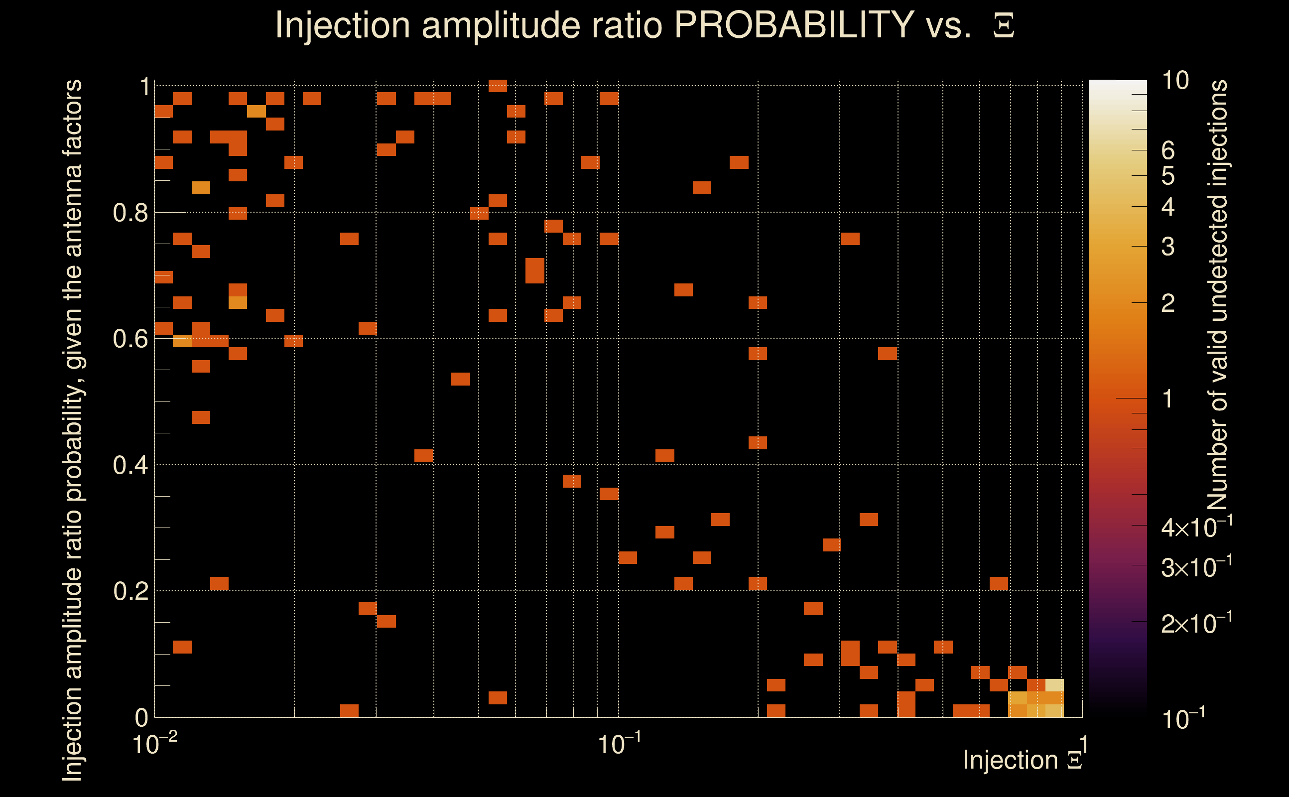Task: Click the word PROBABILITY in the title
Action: (794, 25)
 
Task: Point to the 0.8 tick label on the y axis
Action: (130, 213)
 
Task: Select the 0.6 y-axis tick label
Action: (130, 339)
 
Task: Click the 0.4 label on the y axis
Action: (130, 465)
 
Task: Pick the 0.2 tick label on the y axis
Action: (130, 591)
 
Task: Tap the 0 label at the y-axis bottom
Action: (141, 717)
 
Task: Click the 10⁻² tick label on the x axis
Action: (154, 744)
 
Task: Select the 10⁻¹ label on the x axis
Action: (619, 744)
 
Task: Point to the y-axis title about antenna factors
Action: (72, 429)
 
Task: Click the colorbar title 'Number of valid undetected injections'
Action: (1217, 295)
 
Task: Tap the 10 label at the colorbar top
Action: (1174, 81)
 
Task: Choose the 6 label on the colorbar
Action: (1168, 151)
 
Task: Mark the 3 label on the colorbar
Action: (1168, 247)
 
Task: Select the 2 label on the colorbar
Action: (1168, 303)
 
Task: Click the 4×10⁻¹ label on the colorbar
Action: (1196, 528)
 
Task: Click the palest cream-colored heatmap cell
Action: (1054, 685)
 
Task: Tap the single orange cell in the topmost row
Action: (498, 85)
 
